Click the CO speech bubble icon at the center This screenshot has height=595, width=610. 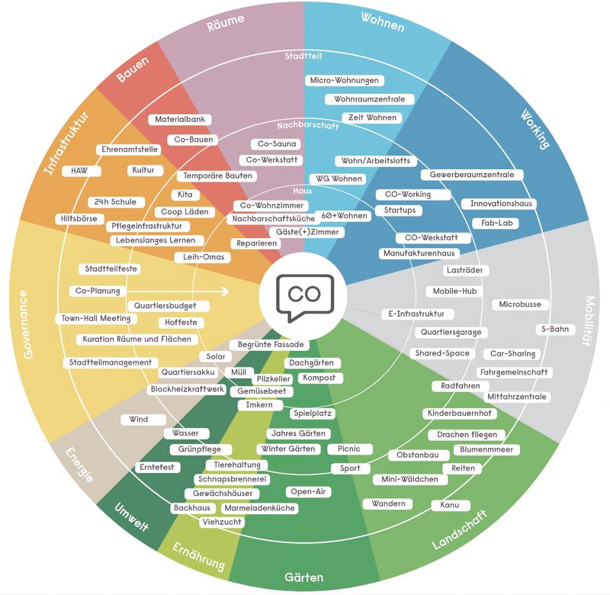[x=305, y=297]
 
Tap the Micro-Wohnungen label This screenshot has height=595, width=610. [x=345, y=80]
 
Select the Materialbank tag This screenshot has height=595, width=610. [x=180, y=119]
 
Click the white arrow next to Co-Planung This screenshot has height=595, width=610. [x=178, y=291]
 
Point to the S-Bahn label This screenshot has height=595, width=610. [x=555, y=329]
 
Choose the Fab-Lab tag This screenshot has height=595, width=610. [x=497, y=223]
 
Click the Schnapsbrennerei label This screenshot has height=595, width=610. [x=233, y=478]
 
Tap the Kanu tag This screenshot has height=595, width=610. [x=450, y=505]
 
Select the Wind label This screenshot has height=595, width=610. [x=139, y=419]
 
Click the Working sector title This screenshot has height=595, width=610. [x=535, y=129]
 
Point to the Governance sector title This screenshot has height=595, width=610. [x=26, y=324]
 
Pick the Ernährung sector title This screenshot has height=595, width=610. [x=199, y=556]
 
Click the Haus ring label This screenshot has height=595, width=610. [x=302, y=191]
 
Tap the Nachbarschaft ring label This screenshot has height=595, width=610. [x=308, y=126]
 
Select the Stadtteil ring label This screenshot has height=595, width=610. [x=303, y=56]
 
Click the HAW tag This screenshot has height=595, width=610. [x=79, y=170]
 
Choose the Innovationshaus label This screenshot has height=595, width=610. [x=501, y=203]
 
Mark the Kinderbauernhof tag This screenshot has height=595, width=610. [x=460, y=413]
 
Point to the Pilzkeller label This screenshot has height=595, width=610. [x=273, y=378]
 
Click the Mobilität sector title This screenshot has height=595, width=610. [x=589, y=321]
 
